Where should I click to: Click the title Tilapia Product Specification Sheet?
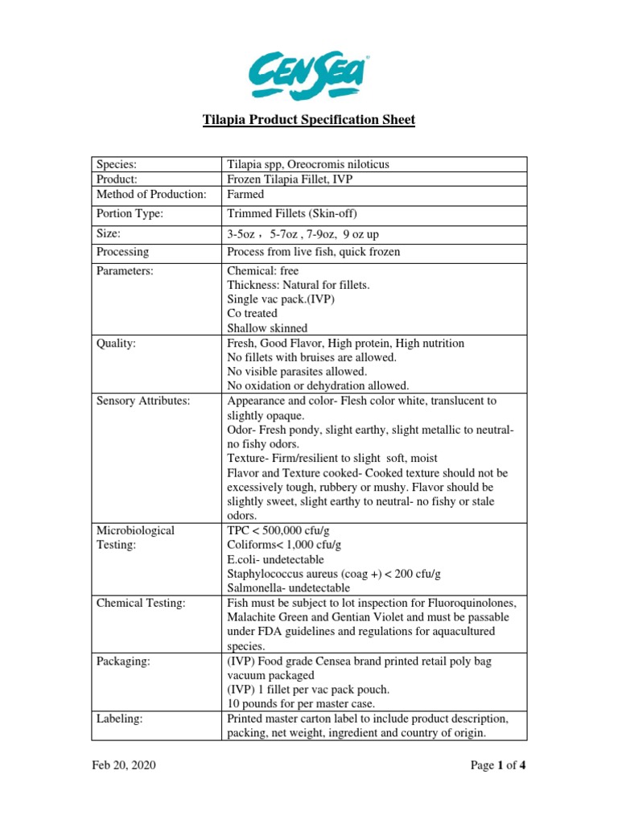308,121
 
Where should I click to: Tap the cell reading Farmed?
245,195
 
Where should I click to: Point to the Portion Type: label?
130,214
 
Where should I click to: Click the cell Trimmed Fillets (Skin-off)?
292,214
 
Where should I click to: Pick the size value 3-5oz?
242,233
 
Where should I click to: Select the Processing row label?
122,252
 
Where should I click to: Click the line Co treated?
252,313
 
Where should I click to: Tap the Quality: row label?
117,344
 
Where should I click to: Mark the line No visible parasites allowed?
297,372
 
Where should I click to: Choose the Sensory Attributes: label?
142,401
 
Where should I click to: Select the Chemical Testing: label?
141,603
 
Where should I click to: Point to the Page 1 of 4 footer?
498,765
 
